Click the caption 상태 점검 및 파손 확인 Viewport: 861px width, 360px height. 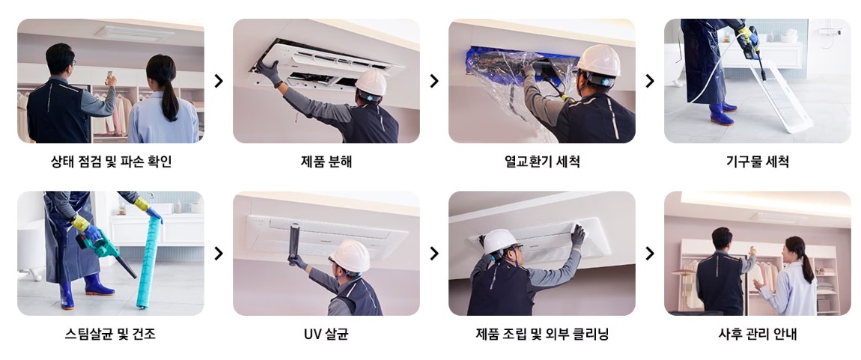(111, 161)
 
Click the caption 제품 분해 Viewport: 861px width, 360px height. (326, 161)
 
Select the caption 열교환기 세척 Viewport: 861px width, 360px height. (541, 161)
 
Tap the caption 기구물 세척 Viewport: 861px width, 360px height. (757, 161)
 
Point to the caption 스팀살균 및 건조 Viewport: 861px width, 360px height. (111, 334)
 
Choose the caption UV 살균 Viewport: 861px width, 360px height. (326, 334)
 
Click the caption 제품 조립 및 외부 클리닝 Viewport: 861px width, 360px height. (541, 334)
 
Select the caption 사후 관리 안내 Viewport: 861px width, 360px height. (757, 334)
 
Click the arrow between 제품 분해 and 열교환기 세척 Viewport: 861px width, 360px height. (434, 81)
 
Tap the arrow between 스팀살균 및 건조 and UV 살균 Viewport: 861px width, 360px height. (219, 254)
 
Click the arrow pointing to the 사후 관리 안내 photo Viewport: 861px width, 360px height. (649, 254)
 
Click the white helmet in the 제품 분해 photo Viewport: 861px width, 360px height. (371, 82)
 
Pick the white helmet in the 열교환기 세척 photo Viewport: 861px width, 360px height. (598, 59)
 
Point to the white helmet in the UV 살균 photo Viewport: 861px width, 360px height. (350, 256)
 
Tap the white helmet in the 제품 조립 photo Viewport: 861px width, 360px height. (499, 242)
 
